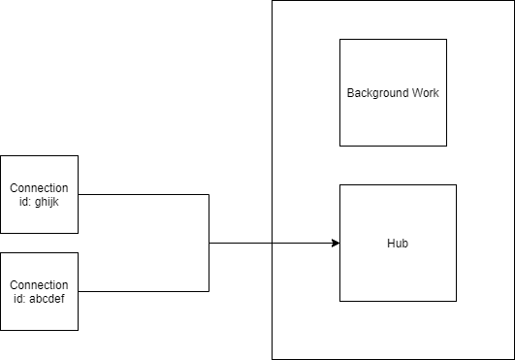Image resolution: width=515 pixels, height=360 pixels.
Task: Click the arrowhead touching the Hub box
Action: [335, 243]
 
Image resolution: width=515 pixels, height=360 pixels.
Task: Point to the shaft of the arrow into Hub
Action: [301, 243]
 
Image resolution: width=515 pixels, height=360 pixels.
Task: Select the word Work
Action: [426, 93]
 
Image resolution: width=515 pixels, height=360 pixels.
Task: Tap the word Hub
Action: [398, 243]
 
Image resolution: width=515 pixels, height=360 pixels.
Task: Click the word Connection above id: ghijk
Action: [39, 187]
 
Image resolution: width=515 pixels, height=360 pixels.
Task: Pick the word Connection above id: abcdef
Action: [39, 284]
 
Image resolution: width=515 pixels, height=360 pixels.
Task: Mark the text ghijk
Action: [51, 201]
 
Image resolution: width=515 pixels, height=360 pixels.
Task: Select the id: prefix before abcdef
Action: [20, 298]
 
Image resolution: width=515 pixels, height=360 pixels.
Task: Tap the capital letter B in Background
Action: [351, 93]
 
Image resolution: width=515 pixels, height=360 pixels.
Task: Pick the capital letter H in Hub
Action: [390, 243]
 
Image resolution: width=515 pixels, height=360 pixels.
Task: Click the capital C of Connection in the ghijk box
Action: [13, 187]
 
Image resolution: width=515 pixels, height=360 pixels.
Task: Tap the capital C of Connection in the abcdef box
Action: [13, 284]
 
